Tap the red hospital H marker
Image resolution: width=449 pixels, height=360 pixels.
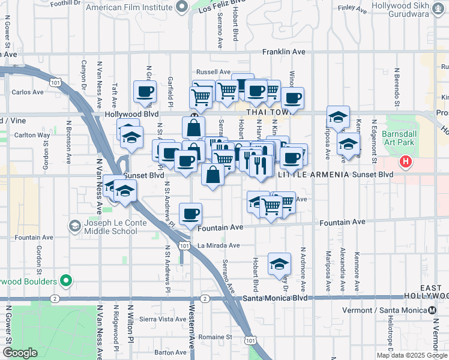point(406,161)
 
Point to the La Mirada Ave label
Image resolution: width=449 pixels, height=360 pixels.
point(218,245)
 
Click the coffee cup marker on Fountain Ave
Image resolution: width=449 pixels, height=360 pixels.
point(191,214)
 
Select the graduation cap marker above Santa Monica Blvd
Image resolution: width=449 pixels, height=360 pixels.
point(279,263)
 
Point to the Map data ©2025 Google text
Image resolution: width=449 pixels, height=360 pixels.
point(411,355)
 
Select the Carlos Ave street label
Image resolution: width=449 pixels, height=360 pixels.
point(28,92)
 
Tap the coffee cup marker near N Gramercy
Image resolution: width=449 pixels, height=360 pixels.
point(145,92)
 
